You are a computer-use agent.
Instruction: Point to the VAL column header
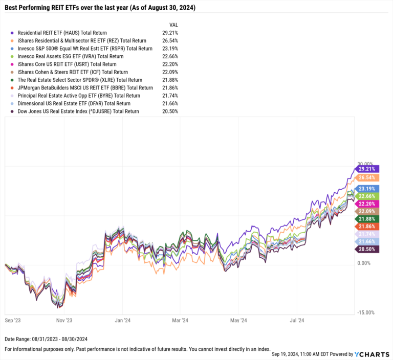tap(173, 25)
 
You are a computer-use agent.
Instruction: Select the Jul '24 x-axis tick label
tap(297, 321)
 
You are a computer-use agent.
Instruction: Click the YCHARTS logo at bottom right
tap(372, 354)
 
